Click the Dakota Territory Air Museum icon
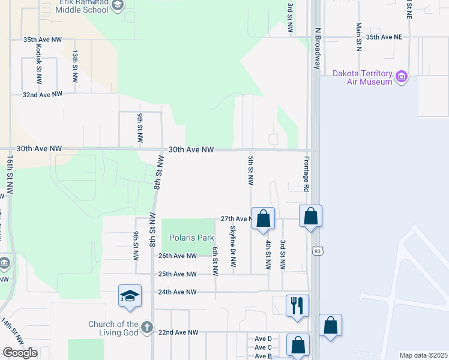(x=402, y=77)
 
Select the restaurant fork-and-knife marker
(x=297, y=305)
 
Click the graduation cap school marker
(x=130, y=296)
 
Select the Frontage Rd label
(x=306, y=175)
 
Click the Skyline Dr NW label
(x=234, y=247)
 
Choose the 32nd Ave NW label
(x=43, y=95)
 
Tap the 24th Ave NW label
(x=177, y=292)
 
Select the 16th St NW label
(x=10, y=176)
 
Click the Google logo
(x=20, y=353)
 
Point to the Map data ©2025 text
(x=423, y=355)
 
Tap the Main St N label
(x=358, y=37)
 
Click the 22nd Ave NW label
(x=179, y=332)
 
